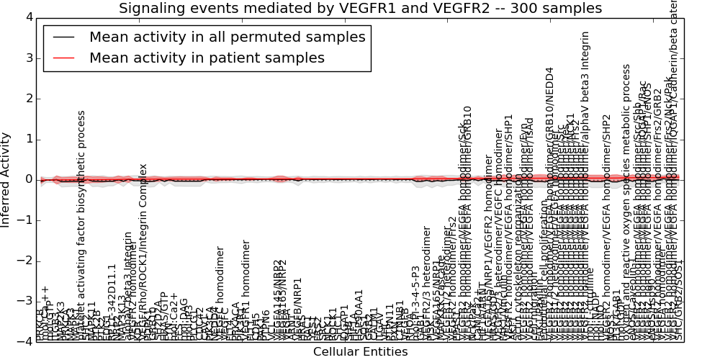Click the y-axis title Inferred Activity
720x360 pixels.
click(x=6, y=179)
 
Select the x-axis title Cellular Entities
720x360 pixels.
click(x=360, y=352)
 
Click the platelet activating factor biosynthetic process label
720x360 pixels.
click(x=81, y=223)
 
